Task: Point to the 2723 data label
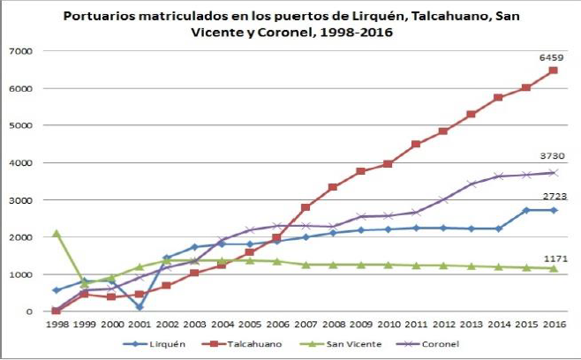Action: tap(553, 196)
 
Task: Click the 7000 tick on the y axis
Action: tap(21, 51)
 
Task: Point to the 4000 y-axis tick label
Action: tap(21, 163)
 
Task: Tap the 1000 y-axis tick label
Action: tap(21, 274)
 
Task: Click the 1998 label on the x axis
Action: tap(57, 324)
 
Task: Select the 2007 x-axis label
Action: tap(306, 324)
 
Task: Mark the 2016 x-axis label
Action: tap(554, 324)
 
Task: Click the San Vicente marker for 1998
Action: tap(57, 233)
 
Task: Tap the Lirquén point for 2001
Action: tap(140, 307)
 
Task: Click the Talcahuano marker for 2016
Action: tap(554, 71)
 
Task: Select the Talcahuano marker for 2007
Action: tap(306, 207)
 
